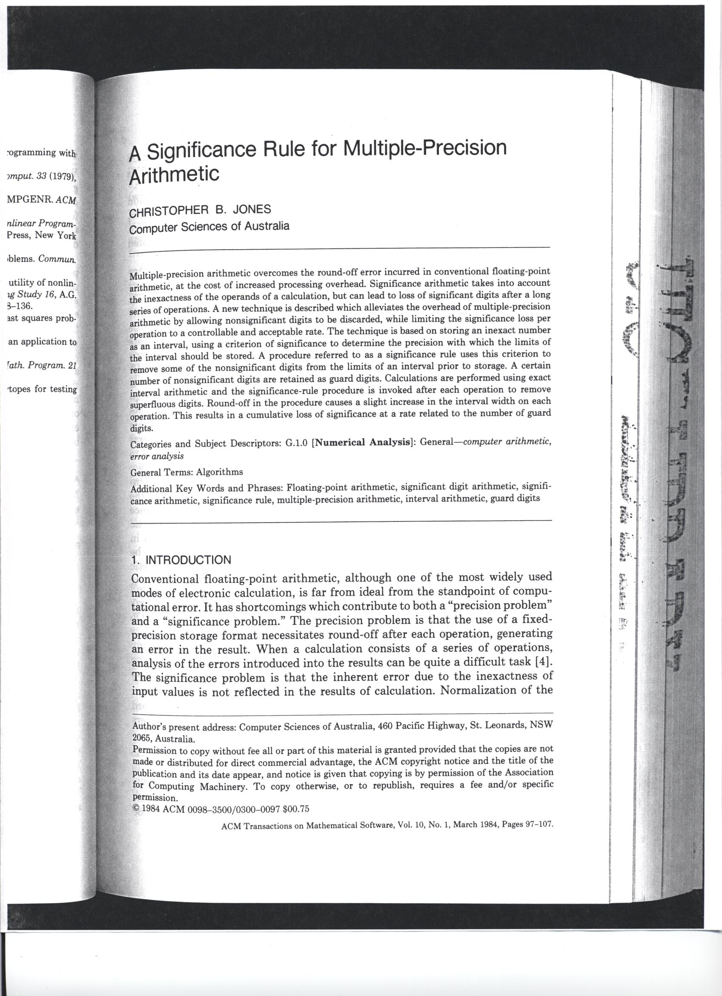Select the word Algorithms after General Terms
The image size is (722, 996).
[220, 472]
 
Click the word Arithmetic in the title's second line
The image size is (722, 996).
[174, 175]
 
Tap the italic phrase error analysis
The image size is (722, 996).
[157, 456]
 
